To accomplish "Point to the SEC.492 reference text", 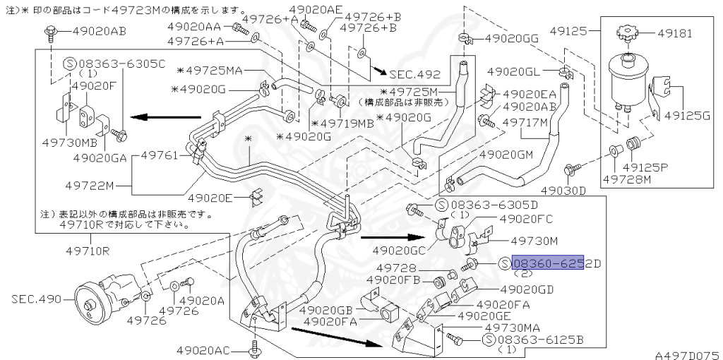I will point(414,74).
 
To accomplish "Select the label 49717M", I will point(525,121).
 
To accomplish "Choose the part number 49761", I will point(161,154).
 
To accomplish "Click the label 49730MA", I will point(511,328).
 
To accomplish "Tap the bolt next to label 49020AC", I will point(254,349).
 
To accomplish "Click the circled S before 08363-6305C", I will point(70,64).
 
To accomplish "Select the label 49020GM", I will point(506,154).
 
